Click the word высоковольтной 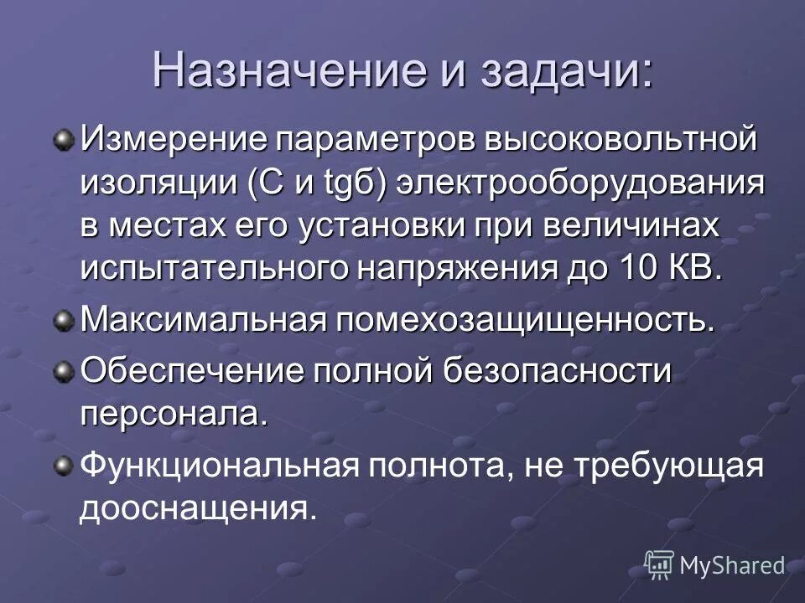pos(622,137)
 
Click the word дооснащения pos(199,509)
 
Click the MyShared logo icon pos(659,565)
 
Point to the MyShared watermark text pos(731,566)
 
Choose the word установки pos(397,226)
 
